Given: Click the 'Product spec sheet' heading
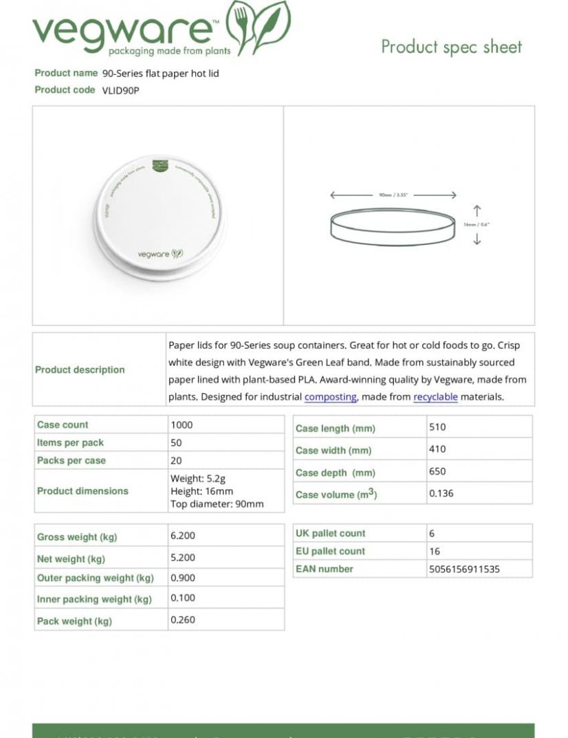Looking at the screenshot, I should [451, 47].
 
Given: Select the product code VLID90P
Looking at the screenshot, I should [120, 90].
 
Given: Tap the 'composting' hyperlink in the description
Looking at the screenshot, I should [330, 397].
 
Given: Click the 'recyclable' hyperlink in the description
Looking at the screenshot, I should [435, 397].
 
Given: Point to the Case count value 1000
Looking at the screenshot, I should [182, 425].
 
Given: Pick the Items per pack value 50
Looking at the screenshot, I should [176, 443].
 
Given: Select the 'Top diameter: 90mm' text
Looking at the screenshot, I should [217, 504].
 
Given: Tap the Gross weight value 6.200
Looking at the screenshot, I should [183, 535].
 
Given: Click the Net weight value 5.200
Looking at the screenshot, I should [183, 558].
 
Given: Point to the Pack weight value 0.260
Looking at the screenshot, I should [183, 620].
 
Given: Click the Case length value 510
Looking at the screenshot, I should [437, 427].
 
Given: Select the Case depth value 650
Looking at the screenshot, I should [437, 472].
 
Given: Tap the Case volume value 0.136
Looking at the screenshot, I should [441, 494].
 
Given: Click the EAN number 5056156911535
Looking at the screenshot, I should [464, 569].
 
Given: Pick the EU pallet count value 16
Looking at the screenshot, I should [435, 552].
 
